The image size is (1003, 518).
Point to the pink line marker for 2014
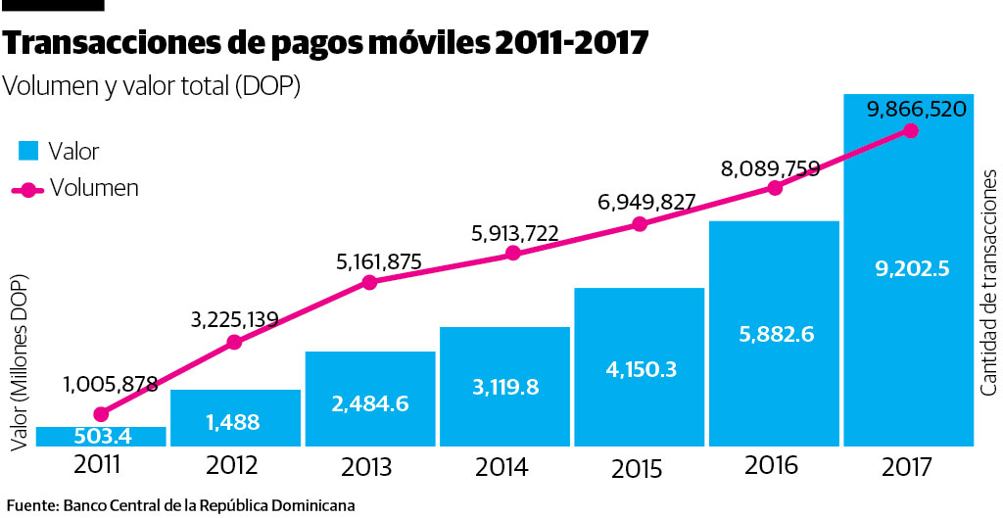pyautogui.click(x=512, y=254)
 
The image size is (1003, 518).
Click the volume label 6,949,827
pyautogui.click(x=646, y=203)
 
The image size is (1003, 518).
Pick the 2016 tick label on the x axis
pyautogui.click(x=771, y=466)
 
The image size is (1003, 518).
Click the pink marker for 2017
pyautogui.click(x=912, y=130)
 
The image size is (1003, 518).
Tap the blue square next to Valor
pyautogui.click(x=29, y=151)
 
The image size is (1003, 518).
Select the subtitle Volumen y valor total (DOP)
pyautogui.click(x=152, y=86)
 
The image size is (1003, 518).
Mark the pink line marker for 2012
pyautogui.click(x=235, y=343)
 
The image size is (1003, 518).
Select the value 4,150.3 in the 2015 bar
pyautogui.click(x=639, y=372)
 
